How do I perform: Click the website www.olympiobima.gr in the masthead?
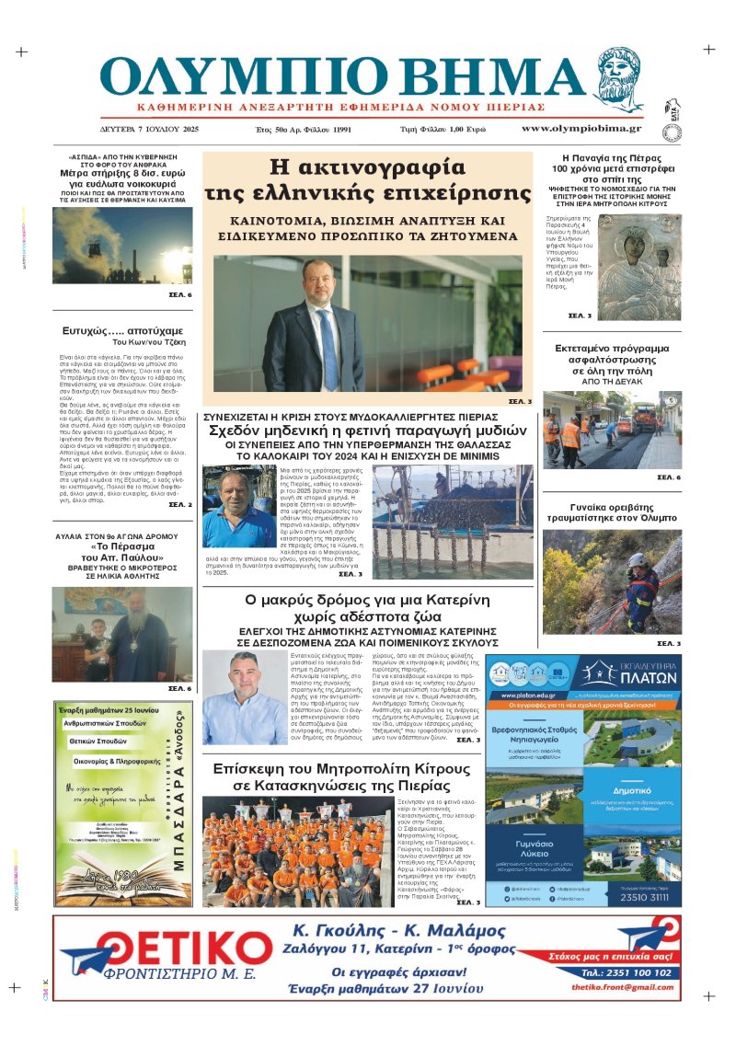coord(581,128)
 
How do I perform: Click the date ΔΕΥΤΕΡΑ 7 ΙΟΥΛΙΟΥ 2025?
coord(149,129)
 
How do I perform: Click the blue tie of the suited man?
coord(328,341)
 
